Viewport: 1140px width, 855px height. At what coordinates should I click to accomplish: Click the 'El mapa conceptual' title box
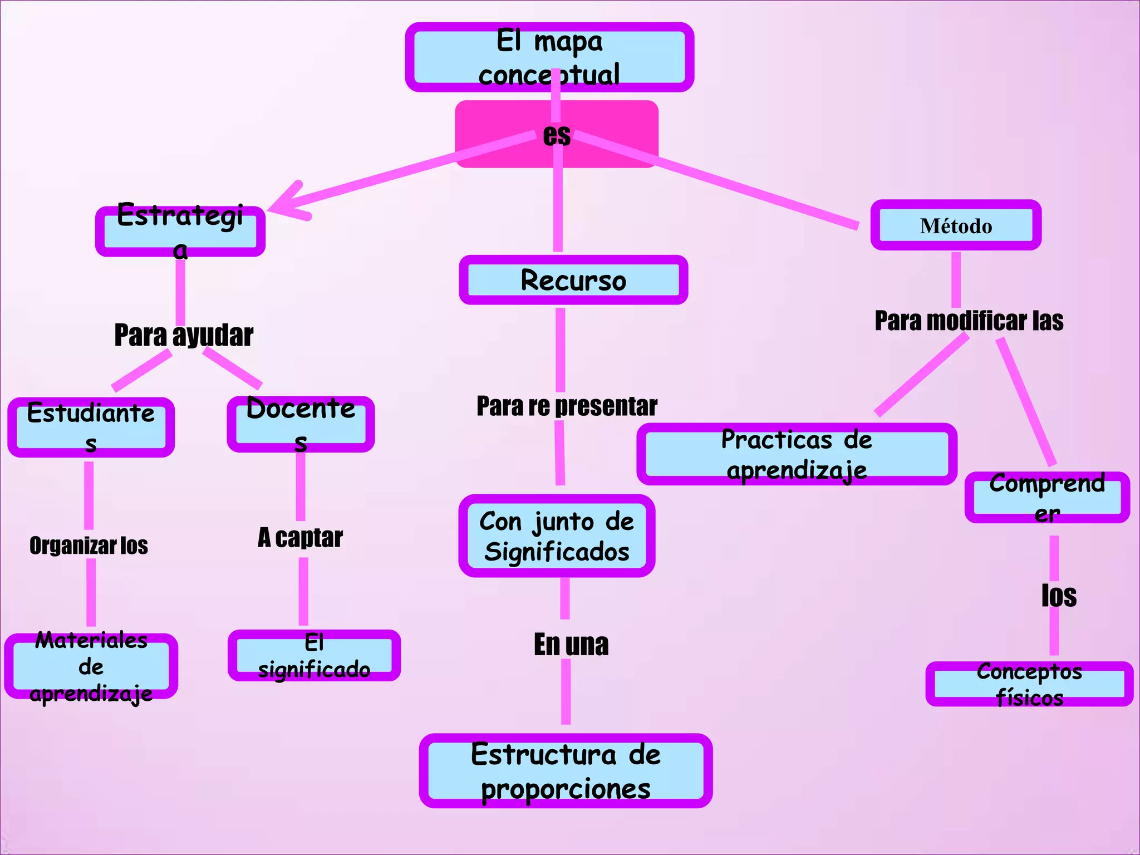[x=549, y=57]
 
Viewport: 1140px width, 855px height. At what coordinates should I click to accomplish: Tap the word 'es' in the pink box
[x=557, y=135]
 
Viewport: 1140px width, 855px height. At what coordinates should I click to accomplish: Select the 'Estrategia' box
[x=180, y=231]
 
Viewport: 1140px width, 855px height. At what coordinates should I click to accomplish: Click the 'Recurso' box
[x=573, y=280]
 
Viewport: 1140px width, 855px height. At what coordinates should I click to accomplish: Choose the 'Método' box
[x=956, y=225]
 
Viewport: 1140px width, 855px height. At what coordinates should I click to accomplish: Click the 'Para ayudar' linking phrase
[x=184, y=336]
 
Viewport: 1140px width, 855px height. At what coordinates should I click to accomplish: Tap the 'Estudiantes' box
[x=91, y=427]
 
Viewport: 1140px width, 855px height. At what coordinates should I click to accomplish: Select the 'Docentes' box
[x=301, y=424]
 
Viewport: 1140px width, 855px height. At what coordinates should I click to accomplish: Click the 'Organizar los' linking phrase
[x=89, y=546]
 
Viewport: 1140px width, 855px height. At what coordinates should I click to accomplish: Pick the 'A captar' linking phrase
[x=300, y=538]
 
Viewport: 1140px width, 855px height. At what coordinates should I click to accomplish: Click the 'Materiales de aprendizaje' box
[x=91, y=666]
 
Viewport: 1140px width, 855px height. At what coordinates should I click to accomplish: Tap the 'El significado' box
[x=314, y=656]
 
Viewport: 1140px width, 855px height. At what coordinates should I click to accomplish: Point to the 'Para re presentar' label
[x=567, y=406]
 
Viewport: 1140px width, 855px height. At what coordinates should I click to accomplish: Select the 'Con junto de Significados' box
[x=557, y=536]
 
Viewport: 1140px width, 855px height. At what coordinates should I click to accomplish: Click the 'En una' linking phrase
[x=571, y=645]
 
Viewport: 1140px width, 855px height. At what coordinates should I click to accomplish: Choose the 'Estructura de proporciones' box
[x=566, y=771]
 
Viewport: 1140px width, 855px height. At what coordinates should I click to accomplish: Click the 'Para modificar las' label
[x=969, y=321]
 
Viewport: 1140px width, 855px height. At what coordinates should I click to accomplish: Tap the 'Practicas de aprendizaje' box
[x=797, y=454]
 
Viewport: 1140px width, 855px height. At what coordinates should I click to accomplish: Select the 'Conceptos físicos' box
[x=1029, y=684]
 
